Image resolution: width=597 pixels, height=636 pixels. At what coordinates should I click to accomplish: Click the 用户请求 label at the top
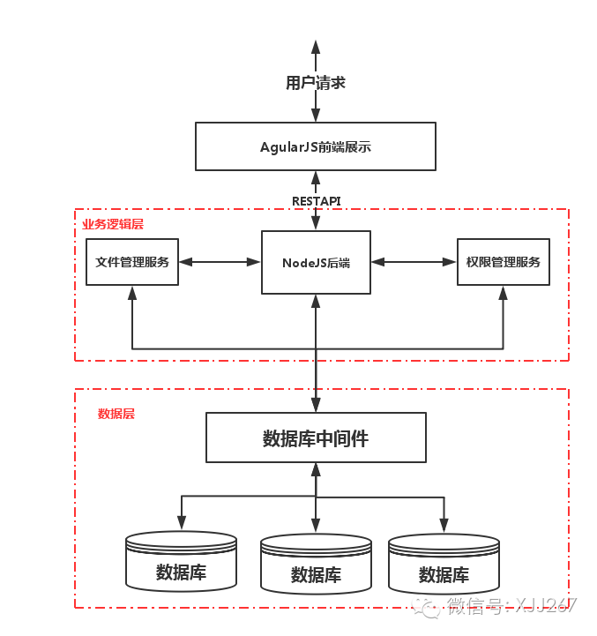point(315,83)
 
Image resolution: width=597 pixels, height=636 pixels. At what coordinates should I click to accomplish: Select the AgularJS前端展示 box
point(316,146)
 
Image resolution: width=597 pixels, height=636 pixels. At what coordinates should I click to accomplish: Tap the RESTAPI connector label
point(316,201)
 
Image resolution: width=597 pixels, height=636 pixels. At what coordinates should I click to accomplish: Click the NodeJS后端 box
point(316,262)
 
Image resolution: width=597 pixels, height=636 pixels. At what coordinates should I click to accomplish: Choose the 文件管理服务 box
point(132,262)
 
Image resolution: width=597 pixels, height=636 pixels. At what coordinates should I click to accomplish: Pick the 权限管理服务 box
point(503,262)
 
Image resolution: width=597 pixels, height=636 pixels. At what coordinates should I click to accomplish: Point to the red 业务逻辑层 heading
point(113,224)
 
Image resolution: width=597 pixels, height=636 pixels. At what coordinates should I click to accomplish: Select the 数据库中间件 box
point(316,438)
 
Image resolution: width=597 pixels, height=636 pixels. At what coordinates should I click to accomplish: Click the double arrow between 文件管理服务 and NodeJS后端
point(220,262)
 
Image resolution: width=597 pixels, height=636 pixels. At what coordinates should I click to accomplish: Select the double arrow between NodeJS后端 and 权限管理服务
point(414,262)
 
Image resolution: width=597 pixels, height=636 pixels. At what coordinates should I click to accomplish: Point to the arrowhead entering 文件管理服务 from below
point(132,293)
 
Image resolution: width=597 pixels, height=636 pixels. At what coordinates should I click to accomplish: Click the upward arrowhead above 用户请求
point(316,46)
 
